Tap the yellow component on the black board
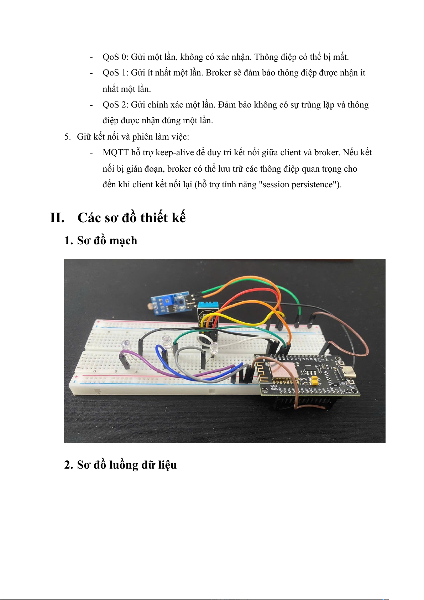(x=315, y=382)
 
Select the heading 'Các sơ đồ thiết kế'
(x=131, y=218)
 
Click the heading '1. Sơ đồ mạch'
(x=101, y=241)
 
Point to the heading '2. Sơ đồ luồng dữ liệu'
(x=120, y=465)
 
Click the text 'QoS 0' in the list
(x=114, y=57)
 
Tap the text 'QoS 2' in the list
(x=114, y=105)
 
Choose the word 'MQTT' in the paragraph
(x=115, y=152)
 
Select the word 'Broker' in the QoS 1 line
(x=219, y=73)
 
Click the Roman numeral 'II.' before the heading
(x=57, y=218)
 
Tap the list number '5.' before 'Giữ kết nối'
(x=67, y=137)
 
